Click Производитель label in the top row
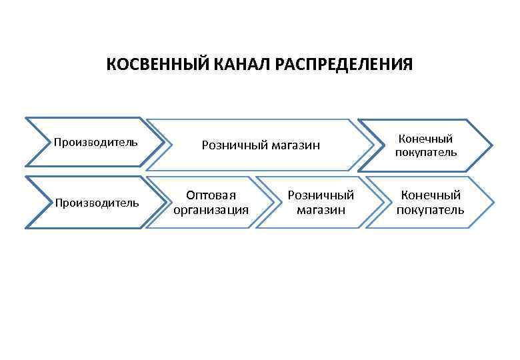click(x=96, y=142)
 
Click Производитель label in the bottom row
click(x=97, y=202)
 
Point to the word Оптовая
click(x=211, y=195)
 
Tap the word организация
click(x=211, y=210)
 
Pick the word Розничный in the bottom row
click(x=321, y=195)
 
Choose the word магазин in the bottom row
click(x=321, y=210)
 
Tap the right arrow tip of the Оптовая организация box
click(x=273, y=202)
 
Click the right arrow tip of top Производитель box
click(x=164, y=142)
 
